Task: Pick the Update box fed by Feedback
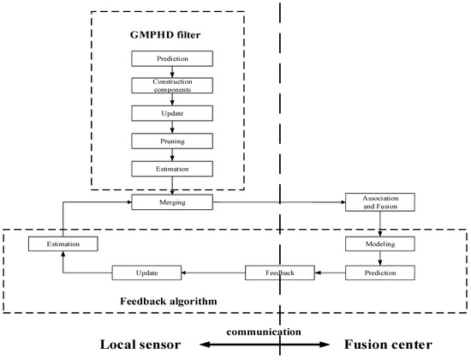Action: (146, 273)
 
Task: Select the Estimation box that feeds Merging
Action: (62, 244)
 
